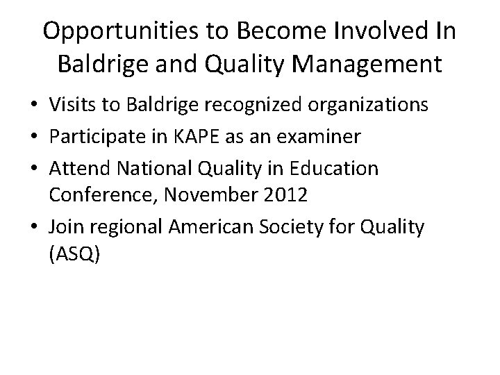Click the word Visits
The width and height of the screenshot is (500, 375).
pos(69,106)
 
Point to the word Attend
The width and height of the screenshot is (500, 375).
pos(76,169)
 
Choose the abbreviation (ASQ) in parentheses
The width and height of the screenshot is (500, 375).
pos(75,256)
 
